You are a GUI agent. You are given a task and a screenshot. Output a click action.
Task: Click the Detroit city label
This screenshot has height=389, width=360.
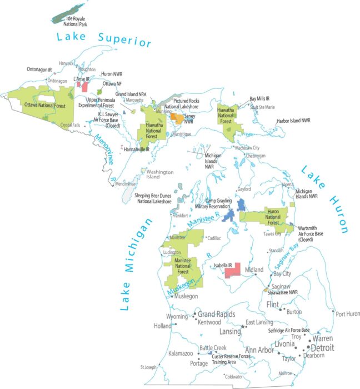click(318, 348)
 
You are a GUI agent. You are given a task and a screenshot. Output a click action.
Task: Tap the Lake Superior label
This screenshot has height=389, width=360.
click(103, 39)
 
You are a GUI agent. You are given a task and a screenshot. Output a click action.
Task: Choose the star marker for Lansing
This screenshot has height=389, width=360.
click(242, 326)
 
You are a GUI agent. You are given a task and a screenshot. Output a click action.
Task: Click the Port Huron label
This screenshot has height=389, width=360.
click(348, 314)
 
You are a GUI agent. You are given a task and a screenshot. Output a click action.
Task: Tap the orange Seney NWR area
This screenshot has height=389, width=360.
click(177, 118)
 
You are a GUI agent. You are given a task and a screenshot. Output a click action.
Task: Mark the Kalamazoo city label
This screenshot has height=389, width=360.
click(181, 353)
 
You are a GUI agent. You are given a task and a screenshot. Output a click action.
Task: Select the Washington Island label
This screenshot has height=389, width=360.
click(160, 174)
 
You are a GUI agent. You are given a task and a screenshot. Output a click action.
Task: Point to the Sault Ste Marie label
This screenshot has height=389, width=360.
click(262, 107)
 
